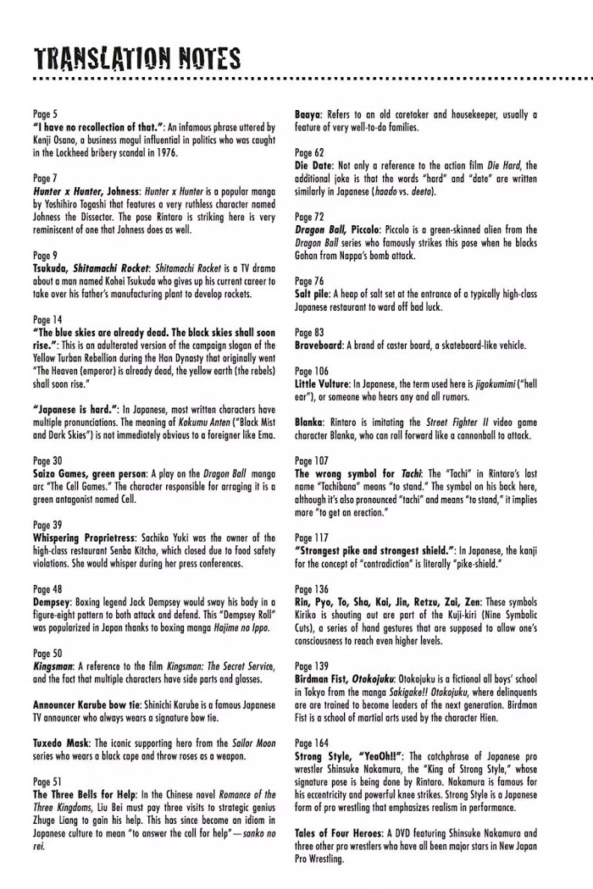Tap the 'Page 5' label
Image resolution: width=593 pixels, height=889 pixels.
(46, 114)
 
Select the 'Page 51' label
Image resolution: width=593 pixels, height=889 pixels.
(47, 782)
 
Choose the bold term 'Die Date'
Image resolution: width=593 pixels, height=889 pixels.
(313, 165)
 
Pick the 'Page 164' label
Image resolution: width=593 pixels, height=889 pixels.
(312, 743)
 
